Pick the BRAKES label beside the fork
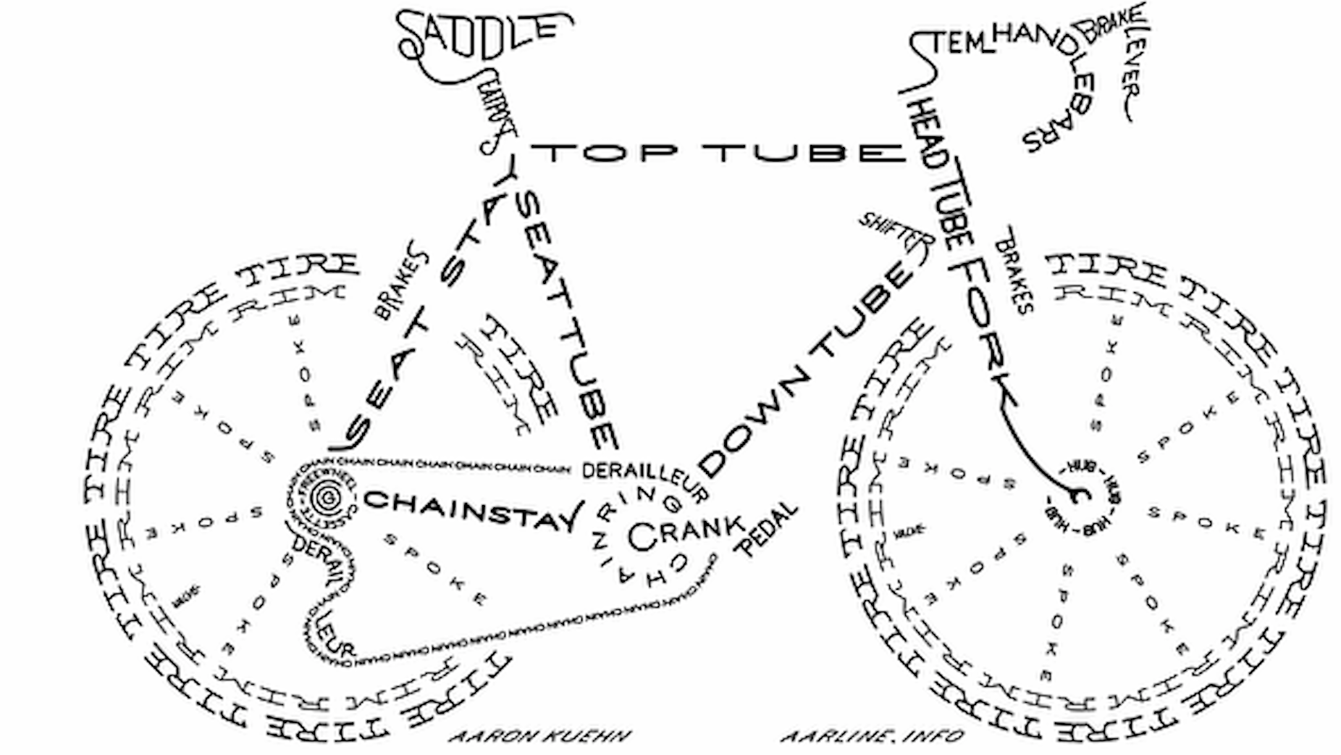(1011, 275)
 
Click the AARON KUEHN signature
(539, 737)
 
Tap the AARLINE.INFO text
(873, 737)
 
